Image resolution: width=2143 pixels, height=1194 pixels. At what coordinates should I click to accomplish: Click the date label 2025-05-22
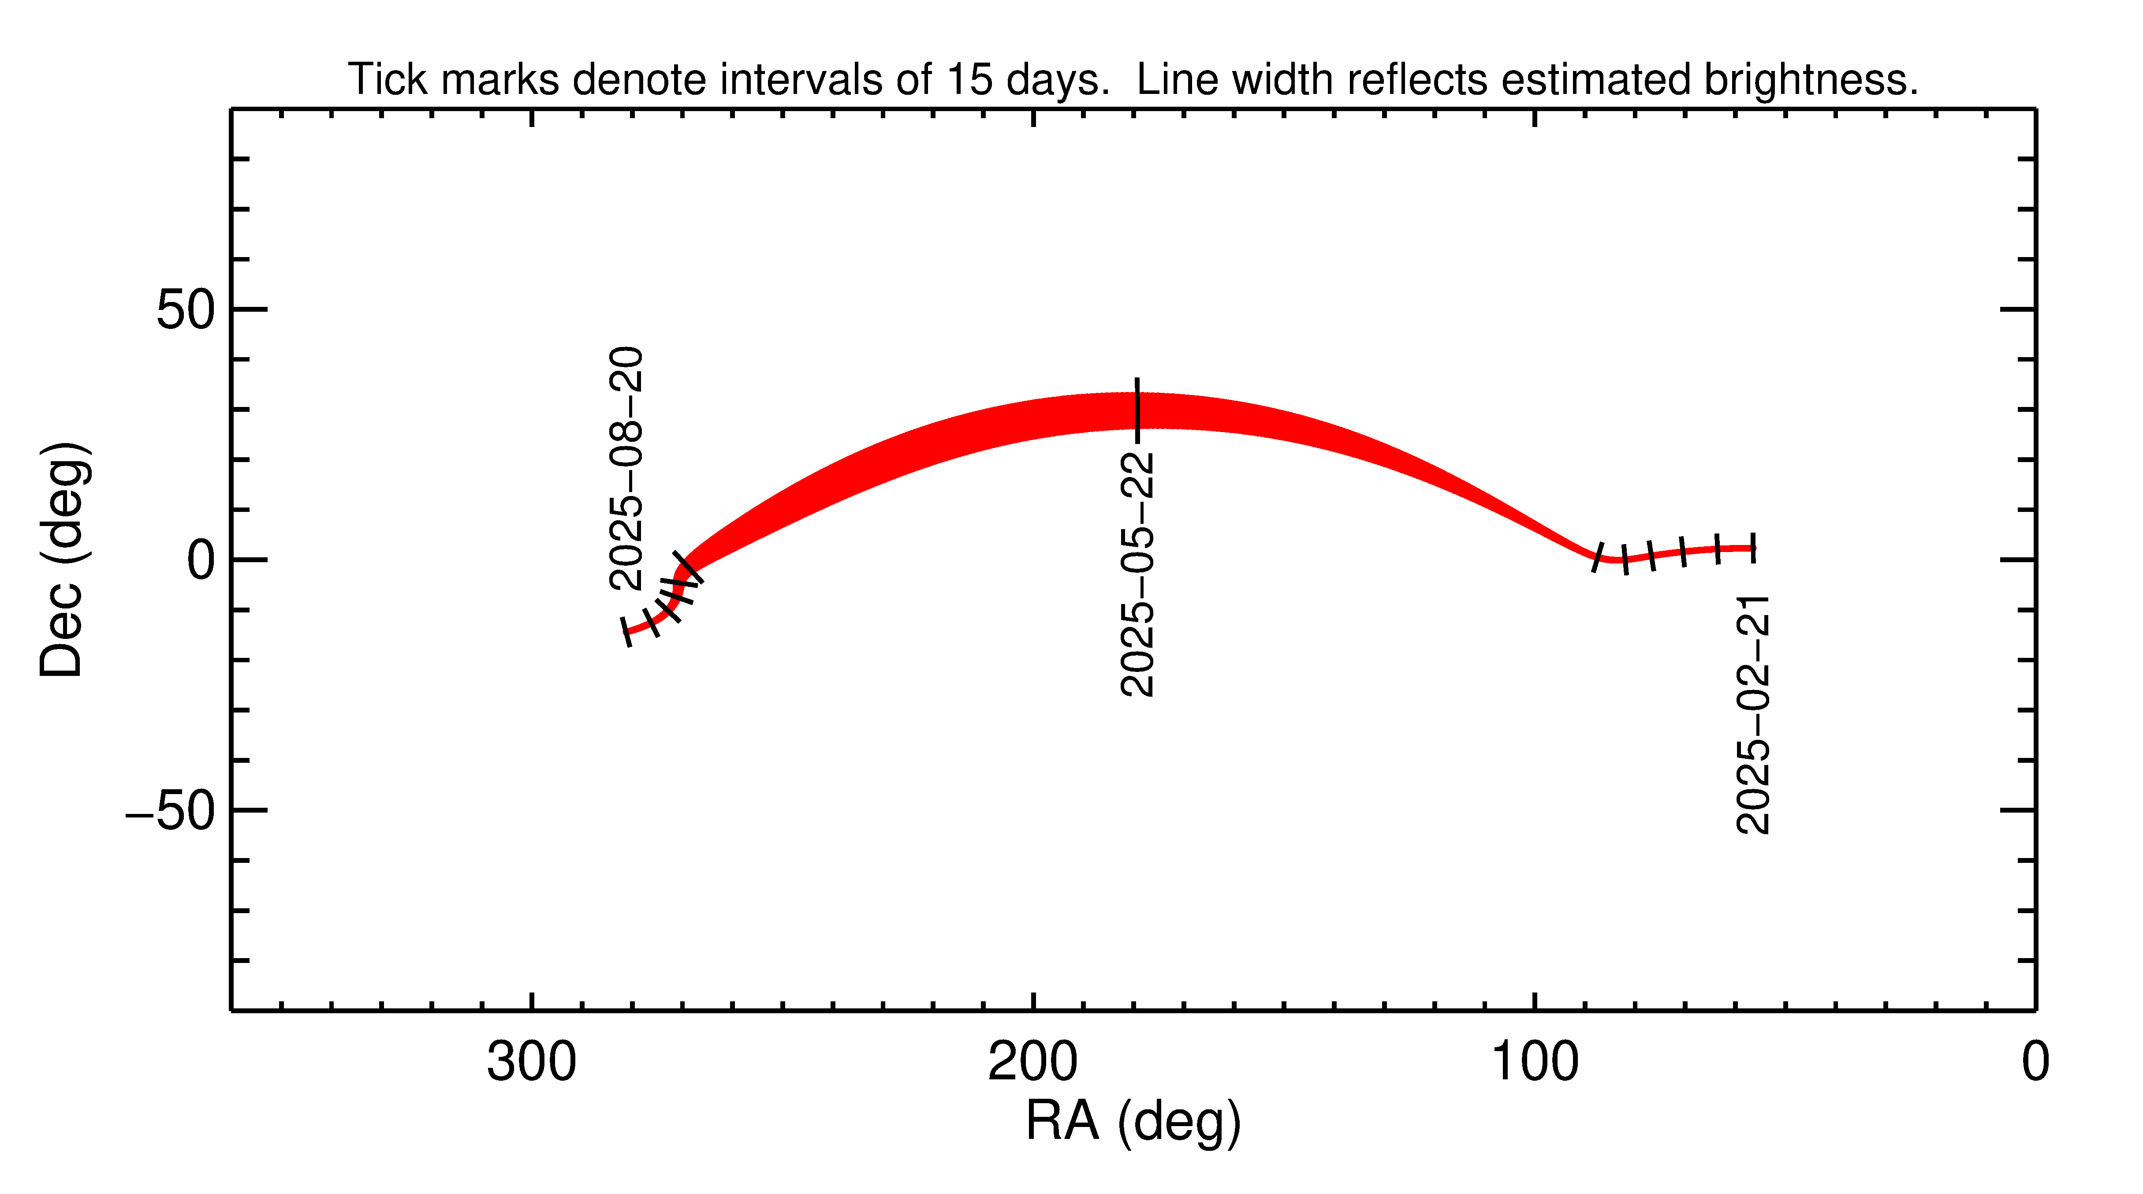click(x=1138, y=574)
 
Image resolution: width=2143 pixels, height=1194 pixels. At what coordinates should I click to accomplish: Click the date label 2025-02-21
click(x=1753, y=714)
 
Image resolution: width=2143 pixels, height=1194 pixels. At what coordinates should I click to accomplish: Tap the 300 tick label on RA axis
click(x=532, y=1063)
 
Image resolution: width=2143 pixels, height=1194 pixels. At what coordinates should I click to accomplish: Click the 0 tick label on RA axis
click(x=2035, y=1063)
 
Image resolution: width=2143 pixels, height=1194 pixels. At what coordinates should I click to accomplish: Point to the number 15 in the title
click(x=969, y=80)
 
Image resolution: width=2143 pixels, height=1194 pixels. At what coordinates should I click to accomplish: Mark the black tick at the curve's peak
click(x=1137, y=410)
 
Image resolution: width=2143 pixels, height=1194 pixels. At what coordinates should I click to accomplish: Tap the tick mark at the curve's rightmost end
click(x=1753, y=548)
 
